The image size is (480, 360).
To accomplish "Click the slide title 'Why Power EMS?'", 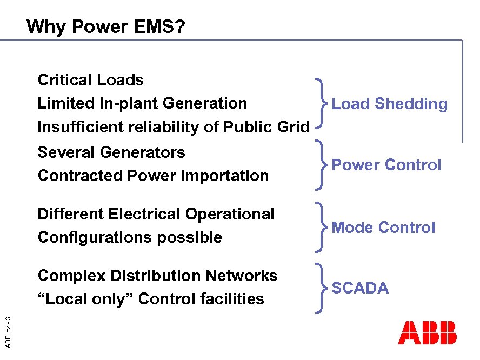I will [105, 26].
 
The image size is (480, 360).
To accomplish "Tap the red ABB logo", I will [427, 333].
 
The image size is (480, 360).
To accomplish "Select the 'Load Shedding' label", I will [389, 104].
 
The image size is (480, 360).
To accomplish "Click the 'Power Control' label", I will [386, 165].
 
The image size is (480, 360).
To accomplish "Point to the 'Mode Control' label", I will [383, 228].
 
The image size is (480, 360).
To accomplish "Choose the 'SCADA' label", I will [360, 288].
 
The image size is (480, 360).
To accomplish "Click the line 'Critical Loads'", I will [90, 80].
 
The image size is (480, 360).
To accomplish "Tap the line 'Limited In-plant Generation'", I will [142, 103].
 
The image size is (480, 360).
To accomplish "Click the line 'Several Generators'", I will [111, 152].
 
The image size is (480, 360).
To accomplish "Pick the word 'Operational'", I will [230, 214].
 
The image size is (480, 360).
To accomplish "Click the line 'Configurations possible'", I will [130, 237].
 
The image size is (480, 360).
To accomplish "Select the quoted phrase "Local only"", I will [86, 299].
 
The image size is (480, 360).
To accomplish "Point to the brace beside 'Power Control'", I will [321, 165].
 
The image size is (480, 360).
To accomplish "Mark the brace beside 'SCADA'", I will [321, 288].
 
